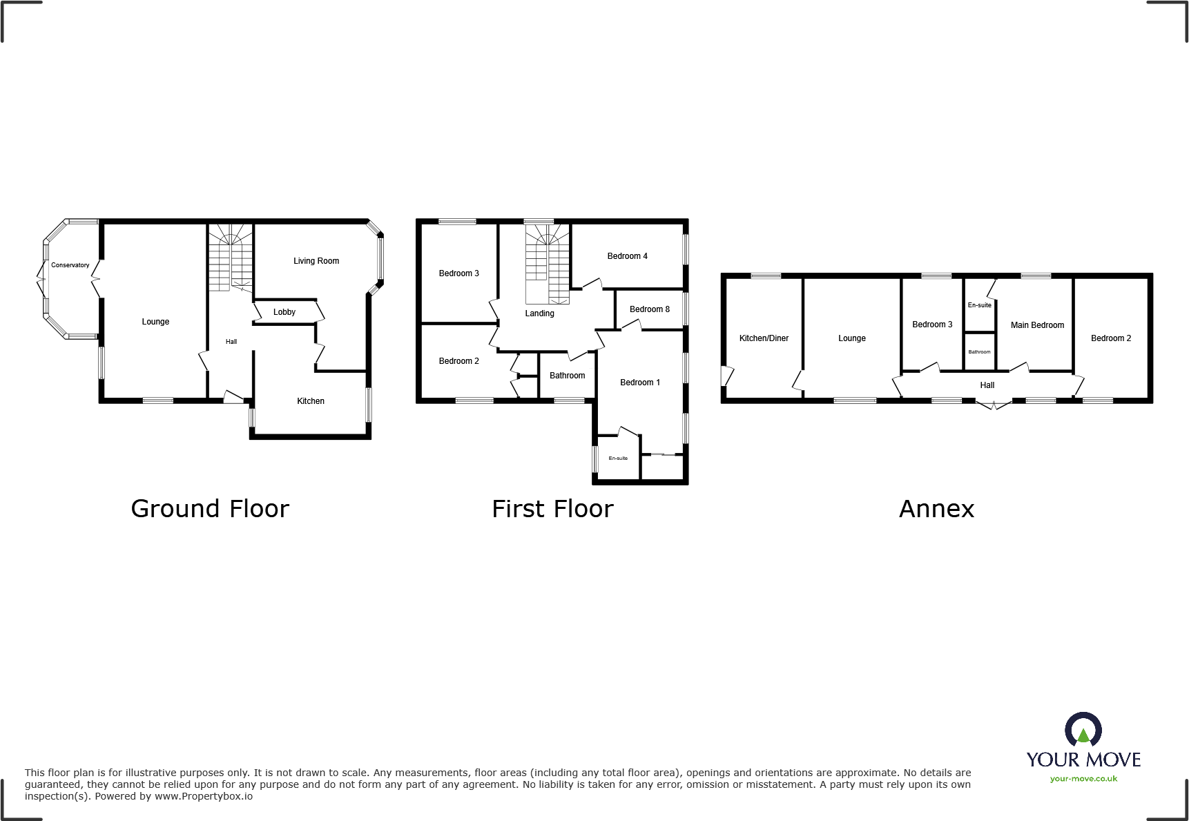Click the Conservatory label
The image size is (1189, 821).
coord(70,265)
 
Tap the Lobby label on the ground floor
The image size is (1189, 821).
coord(284,312)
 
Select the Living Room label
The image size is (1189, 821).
coord(316,261)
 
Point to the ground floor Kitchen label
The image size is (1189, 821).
coord(310,401)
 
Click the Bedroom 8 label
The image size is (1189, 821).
coord(649,309)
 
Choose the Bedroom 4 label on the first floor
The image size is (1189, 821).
coord(627,256)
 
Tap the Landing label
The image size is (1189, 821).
coord(539,313)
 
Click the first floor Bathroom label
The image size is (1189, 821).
coord(567,376)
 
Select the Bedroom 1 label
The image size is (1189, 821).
coord(639,383)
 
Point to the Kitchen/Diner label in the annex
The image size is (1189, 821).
coord(764,338)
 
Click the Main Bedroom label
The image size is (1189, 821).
coord(1037,325)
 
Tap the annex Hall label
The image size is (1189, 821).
coord(987,385)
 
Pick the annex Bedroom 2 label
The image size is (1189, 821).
coord(1110,338)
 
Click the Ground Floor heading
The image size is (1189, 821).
coord(210,509)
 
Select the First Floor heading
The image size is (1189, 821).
coord(552,509)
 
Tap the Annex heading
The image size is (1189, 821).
coord(936,509)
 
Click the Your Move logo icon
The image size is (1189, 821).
coord(1083,729)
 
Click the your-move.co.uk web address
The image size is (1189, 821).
coord(1083,779)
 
